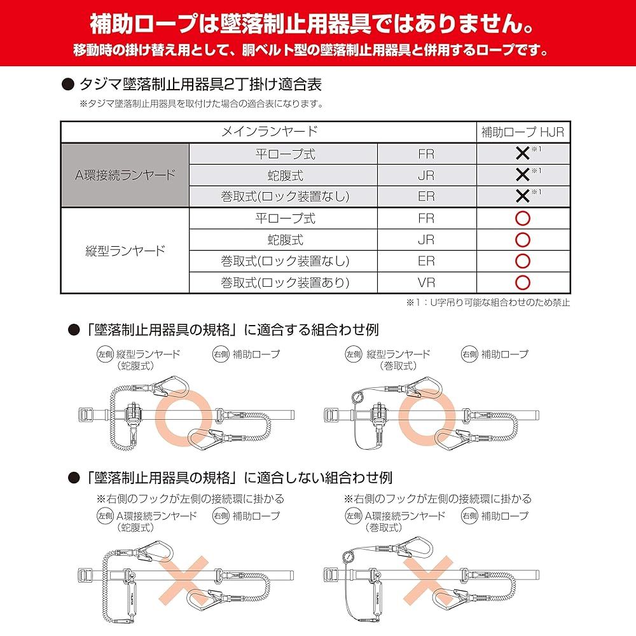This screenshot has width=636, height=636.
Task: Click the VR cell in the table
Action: (x=426, y=282)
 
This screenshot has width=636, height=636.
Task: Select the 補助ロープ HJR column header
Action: (x=522, y=132)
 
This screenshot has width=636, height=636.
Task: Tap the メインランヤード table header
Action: (x=269, y=132)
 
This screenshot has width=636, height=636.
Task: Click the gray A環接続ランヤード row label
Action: (x=125, y=175)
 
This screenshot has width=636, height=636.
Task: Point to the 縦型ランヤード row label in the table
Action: (x=125, y=251)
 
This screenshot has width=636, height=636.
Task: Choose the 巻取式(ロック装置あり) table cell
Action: (x=284, y=282)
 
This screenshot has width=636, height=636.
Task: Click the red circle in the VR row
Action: (x=522, y=282)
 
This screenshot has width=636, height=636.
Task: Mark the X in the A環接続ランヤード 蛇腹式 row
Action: (x=522, y=175)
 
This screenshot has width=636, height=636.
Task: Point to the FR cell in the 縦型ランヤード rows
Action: (x=426, y=219)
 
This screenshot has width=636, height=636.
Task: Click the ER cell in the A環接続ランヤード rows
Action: (x=426, y=197)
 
